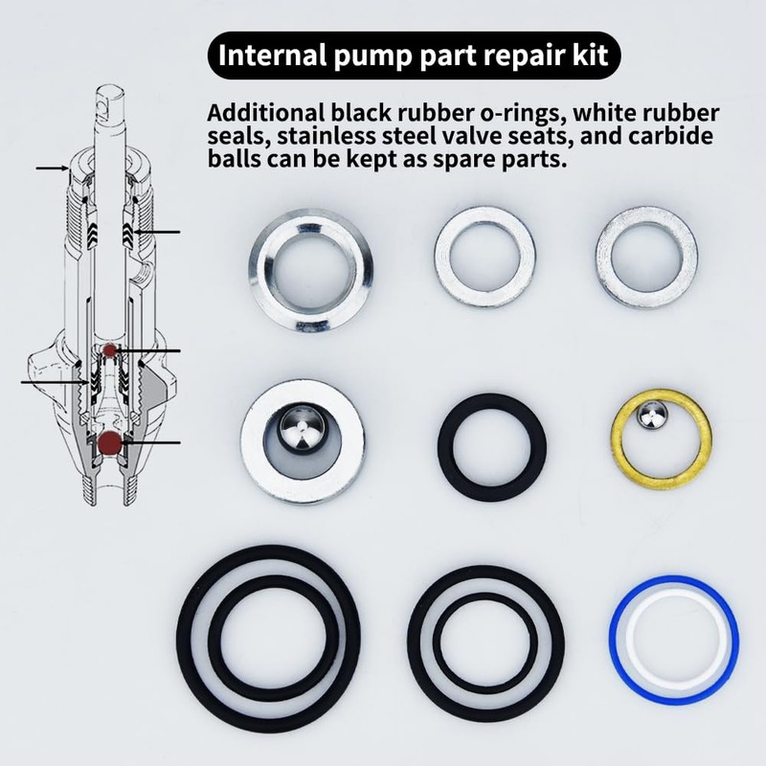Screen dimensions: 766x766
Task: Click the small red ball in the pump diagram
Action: [x=112, y=351]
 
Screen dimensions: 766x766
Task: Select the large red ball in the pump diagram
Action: [x=109, y=442]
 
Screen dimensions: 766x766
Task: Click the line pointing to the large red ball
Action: [x=153, y=442]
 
